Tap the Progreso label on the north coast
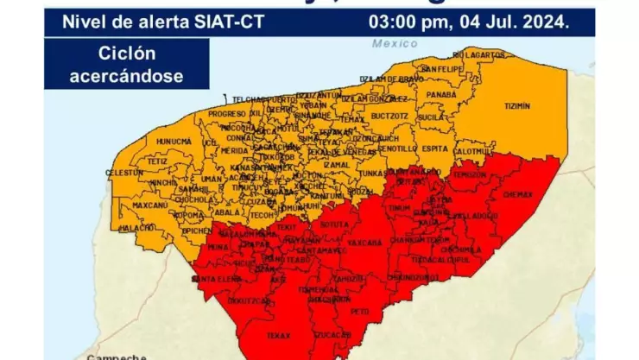227,114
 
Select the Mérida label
234,150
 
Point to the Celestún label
123,173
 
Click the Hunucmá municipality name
174,142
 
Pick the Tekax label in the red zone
278,334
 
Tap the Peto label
361,310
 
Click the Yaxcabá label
364,243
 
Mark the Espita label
435,148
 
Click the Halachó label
138,227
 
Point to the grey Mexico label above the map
395,43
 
